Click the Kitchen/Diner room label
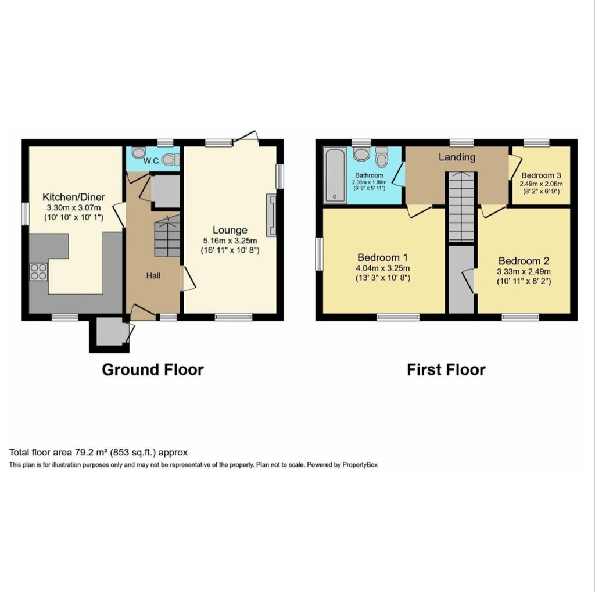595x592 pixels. [x=74, y=197]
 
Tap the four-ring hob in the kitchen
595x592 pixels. [x=39, y=272]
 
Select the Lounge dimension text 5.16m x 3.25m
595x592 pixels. [x=230, y=241]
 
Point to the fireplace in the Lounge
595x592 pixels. [x=272, y=215]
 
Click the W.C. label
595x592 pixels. [x=152, y=161]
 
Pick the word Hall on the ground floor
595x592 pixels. [x=153, y=276]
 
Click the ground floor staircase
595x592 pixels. [x=167, y=236]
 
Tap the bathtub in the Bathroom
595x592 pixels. [x=335, y=175]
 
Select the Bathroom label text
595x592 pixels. [x=369, y=175]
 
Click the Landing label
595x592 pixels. [x=457, y=157]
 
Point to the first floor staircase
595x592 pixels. [x=462, y=206]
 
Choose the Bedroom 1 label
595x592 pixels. [x=382, y=258]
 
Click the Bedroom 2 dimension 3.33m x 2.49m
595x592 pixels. [x=524, y=271]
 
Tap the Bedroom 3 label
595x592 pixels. [x=541, y=175]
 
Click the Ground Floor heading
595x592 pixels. [x=153, y=369]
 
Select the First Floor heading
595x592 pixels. [x=446, y=369]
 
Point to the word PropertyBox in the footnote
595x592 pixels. [x=360, y=465]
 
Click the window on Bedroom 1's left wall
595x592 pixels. [x=320, y=254]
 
